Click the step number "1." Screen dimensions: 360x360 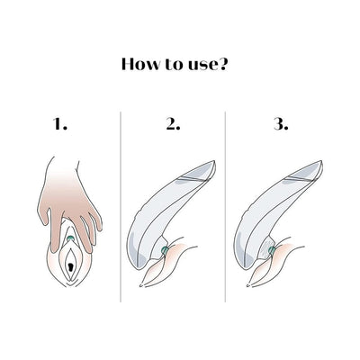60,126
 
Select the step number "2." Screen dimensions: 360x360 175,126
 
